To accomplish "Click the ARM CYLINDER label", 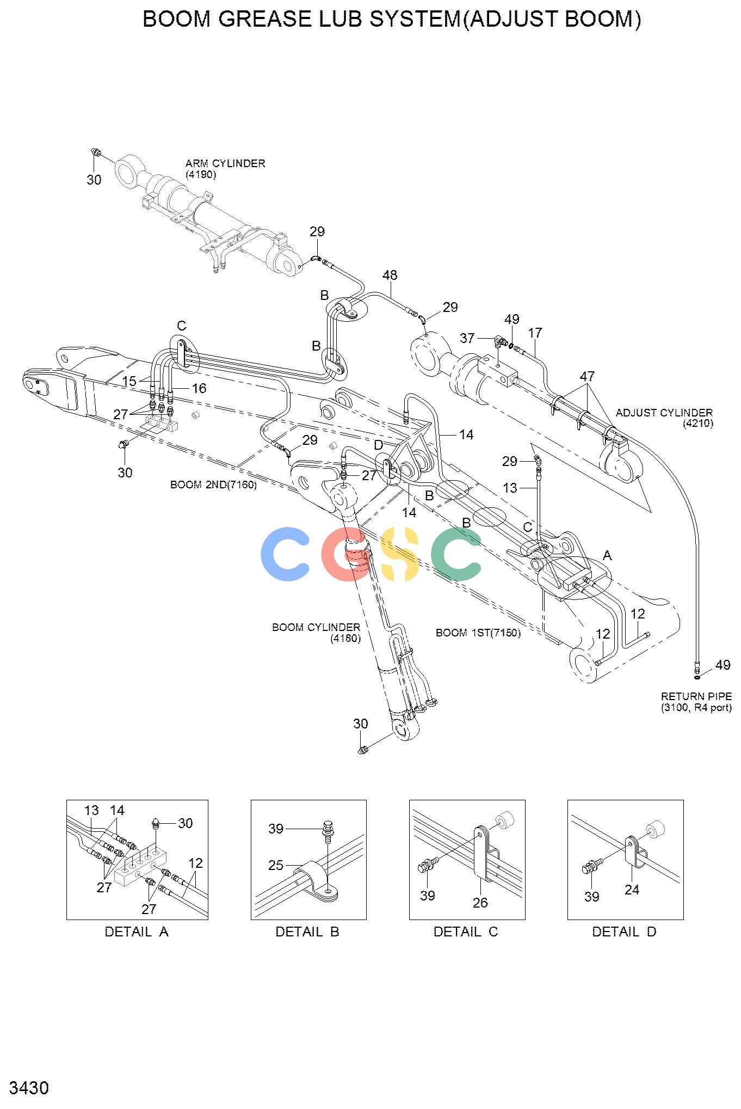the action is point(225,163).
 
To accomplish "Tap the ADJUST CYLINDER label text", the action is point(664,413).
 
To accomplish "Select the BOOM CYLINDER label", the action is point(316,627).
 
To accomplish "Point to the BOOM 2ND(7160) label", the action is point(213,485).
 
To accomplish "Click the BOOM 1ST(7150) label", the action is point(478,633).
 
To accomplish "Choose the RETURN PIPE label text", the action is point(696,696).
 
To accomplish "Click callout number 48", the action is point(390,275).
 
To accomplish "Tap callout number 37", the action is point(467,338).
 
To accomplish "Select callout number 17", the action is point(535,333).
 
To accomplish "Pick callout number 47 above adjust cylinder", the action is point(587,376).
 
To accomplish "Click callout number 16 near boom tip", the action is point(199,388).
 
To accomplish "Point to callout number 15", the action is point(129,382).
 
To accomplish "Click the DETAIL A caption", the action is point(137,932).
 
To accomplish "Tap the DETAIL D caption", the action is point(625,932).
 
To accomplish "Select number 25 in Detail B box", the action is point(276,865).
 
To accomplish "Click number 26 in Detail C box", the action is point(480,903).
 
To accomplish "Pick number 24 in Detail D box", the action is point(632,890).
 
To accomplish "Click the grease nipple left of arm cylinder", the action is point(96,152).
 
